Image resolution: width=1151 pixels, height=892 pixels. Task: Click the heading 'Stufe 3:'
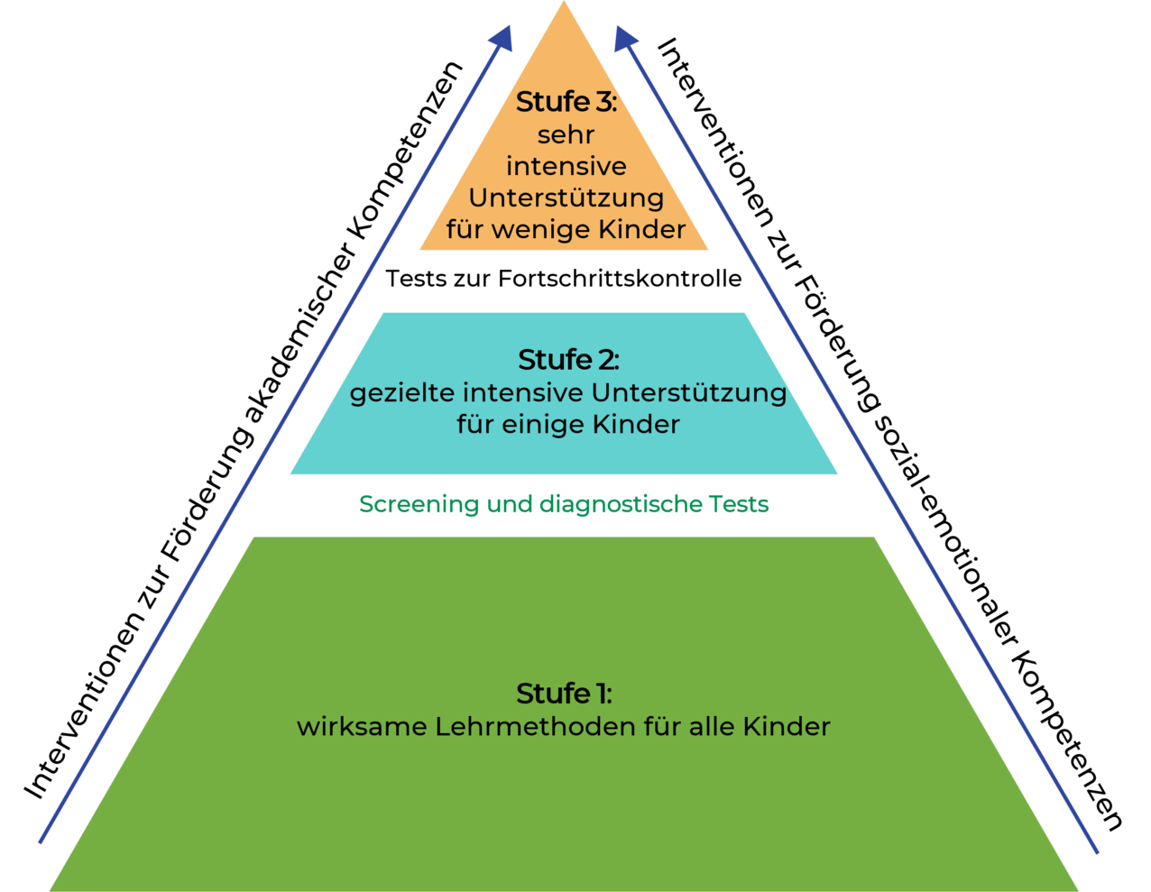[x=566, y=103]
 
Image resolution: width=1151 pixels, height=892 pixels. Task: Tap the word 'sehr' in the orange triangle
[x=566, y=135]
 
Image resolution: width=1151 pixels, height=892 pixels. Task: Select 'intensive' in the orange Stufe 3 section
[x=566, y=167]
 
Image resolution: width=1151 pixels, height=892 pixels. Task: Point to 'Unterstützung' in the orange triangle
[x=566, y=198]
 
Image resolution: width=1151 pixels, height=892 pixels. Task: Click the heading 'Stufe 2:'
[x=568, y=360]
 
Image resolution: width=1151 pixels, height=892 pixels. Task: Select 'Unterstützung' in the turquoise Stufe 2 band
[x=689, y=393]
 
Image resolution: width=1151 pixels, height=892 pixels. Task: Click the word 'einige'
[x=551, y=424]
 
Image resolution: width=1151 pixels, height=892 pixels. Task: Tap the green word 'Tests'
[x=739, y=504]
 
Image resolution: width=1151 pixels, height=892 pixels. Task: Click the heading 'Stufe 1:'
[x=564, y=694]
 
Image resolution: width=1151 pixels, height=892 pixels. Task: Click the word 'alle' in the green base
[x=713, y=726]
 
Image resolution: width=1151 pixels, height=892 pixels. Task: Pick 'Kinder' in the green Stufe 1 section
[x=787, y=726]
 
